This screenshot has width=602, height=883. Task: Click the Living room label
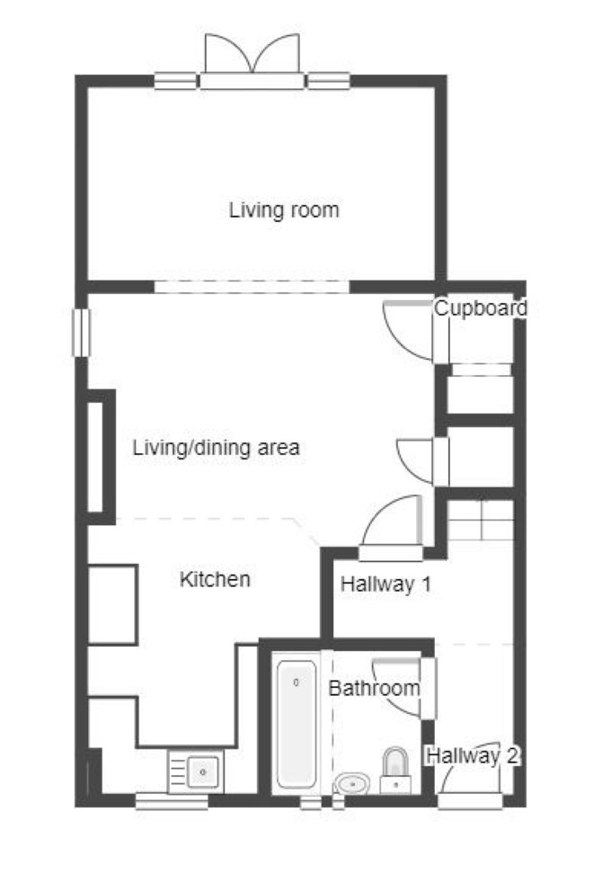pyautogui.click(x=284, y=210)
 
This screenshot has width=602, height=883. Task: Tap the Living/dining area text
pyautogui.click(x=216, y=448)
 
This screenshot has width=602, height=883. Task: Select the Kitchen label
pyautogui.click(x=215, y=579)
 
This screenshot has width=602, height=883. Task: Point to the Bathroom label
pyautogui.click(x=374, y=688)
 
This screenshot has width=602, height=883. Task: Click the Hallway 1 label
pyautogui.click(x=386, y=584)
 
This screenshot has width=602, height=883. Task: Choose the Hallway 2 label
pyautogui.click(x=473, y=755)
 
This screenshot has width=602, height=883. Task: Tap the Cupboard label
pyautogui.click(x=481, y=308)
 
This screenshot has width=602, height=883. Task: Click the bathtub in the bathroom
pyautogui.click(x=297, y=724)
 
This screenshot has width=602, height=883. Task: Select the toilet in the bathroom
pyautogui.click(x=395, y=771)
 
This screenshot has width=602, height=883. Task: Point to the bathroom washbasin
pyautogui.click(x=352, y=783)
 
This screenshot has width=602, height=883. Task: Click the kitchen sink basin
pyautogui.click(x=202, y=772)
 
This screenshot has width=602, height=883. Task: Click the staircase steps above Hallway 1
pyautogui.click(x=481, y=520)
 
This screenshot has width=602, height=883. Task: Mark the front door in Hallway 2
pyautogui.click(x=470, y=777)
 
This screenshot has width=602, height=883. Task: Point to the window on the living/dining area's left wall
pyautogui.click(x=82, y=333)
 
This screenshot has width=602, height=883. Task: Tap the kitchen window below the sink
pyautogui.click(x=172, y=801)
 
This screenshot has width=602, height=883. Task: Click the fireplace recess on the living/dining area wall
pyautogui.click(x=100, y=457)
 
